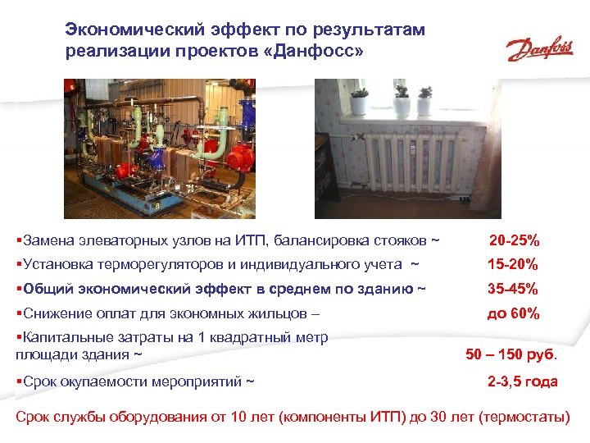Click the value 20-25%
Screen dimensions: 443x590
pyautogui.click(x=514, y=241)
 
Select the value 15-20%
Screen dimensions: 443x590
pyautogui.click(x=512, y=265)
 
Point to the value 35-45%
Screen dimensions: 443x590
pyautogui.click(x=512, y=289)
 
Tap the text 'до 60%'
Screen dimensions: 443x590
pyautogui.click(x=513, y=313)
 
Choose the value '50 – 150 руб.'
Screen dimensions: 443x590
pyautogui.click(x=511, y=355)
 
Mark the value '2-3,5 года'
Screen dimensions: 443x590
pyautogui.click(x=522, y=381)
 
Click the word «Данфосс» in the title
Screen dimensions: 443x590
pyautogui.click(x=314, y=52)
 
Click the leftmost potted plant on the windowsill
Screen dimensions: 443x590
pyautogui.click(x=359, y=103)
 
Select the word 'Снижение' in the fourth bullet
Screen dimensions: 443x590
pyautogui.click(x=52, y=313)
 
